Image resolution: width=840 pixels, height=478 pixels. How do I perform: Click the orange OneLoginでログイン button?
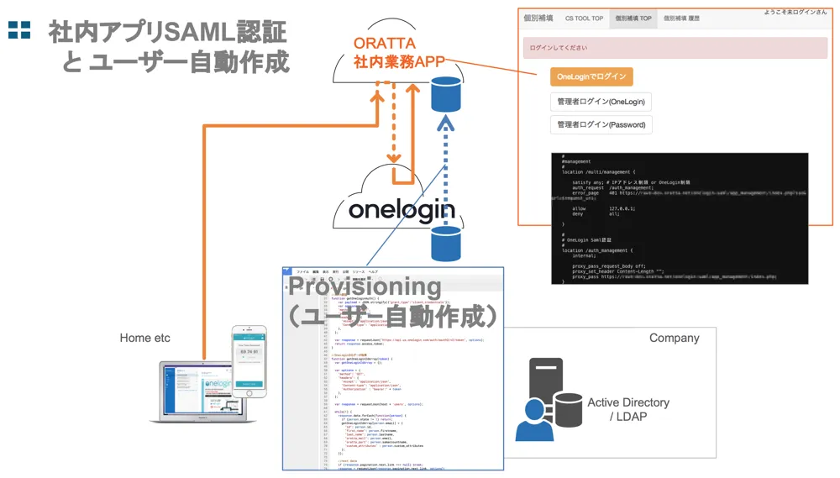(591, 76)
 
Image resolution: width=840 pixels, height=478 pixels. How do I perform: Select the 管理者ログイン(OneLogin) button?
(601, 102)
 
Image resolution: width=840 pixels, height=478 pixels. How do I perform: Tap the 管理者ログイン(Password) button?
(601, 124)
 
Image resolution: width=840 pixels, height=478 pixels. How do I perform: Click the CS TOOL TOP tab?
(584, 18)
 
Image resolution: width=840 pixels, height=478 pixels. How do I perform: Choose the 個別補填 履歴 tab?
(681, 18)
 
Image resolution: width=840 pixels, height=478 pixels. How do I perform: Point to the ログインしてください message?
(559, 48)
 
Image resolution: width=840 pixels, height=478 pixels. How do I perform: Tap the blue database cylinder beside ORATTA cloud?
(446, 94)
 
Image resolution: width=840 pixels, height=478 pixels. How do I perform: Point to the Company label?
(674, 338)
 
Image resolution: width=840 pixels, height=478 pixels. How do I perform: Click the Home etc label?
(144, 338)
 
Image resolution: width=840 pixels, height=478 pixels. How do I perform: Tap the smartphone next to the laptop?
(249, 361)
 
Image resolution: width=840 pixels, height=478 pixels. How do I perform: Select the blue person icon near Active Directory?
(534, 420)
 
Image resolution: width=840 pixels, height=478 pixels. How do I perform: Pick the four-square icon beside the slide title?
(19, 30)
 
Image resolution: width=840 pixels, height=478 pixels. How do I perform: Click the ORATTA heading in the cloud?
(384, 42)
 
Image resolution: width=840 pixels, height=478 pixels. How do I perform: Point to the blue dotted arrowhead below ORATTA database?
(446, 124)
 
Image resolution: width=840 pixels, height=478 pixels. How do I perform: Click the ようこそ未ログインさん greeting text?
(795, 12)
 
